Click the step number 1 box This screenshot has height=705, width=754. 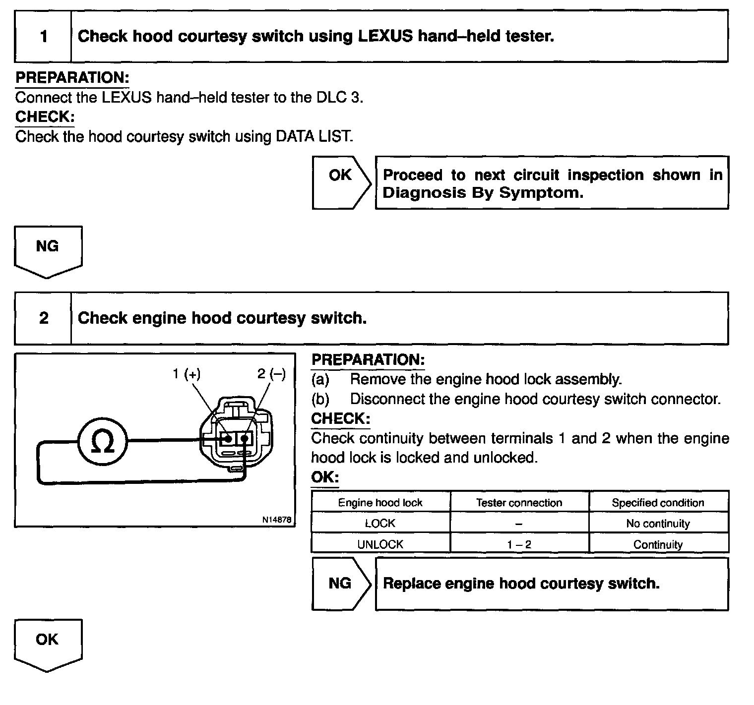pyautogui.click(x=44, y=36)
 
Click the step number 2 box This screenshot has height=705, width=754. pyautogui.click(x=44, y=318)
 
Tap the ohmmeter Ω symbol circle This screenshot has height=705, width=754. pyautogui.click(x=103, y=441)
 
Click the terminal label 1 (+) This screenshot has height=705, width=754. pyautogui.click(x=187, y=374)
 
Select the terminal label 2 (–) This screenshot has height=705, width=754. pyautogui.click(x=271, y=374)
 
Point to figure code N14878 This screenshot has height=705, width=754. pyautogui.click(x=277, y=520)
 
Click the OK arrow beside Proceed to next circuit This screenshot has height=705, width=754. pyautogui.click(x=341, y=182)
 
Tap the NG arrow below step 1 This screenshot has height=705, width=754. pyautogui.click(x=48, y=251)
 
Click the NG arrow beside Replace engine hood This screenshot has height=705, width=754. pyautogui.click(x=341, y=584)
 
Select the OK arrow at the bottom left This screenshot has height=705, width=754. pyautogui.click(x=48, y=644)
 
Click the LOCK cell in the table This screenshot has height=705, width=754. pyautogui.click(x=380, y=523)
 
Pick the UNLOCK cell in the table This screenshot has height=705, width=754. pyautogui.click(x=380, y=544)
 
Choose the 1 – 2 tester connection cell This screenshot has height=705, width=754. pyautogui.click(x=519, y=544)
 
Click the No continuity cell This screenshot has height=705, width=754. pyautogui.click(x=658, y=523)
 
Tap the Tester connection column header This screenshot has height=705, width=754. pyautogui.click(x=519, y=502)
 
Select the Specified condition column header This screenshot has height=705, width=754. pyautogui.click(x=658, y=502)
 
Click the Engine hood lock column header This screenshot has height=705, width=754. pyautogui.click(x=380, y=502)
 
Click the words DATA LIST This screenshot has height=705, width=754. pyautogui.click(x=314, y=136)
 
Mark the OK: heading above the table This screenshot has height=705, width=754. pyautogui.click(x=325, y=477)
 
